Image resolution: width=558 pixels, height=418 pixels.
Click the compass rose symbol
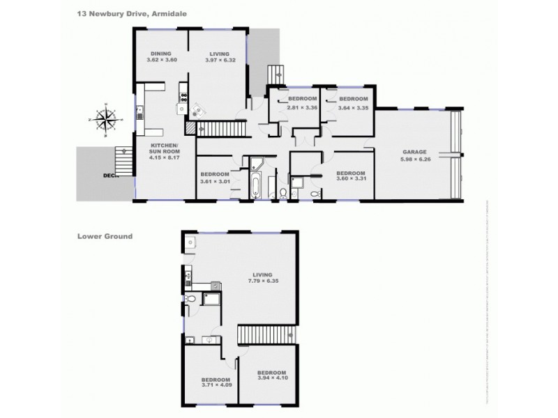[x=104, y=120]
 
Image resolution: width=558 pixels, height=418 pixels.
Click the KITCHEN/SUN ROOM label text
[x=165, y=150]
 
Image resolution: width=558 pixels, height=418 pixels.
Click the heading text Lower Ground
[x=105, y=236]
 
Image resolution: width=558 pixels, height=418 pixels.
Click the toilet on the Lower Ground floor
[x=190, y=298]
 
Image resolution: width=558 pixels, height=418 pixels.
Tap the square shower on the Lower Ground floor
[x=211, y=300]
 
